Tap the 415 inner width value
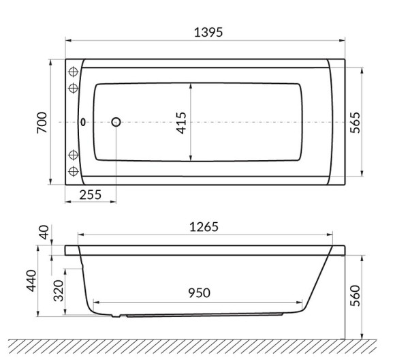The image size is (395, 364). pos(181,123)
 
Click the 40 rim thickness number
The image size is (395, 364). pos(46,233)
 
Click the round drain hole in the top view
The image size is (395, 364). pos(115,123)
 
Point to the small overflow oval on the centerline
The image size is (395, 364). pos(83,123)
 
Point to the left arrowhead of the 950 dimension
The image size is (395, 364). pos(95,302)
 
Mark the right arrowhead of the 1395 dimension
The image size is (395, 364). pos(344,41)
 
